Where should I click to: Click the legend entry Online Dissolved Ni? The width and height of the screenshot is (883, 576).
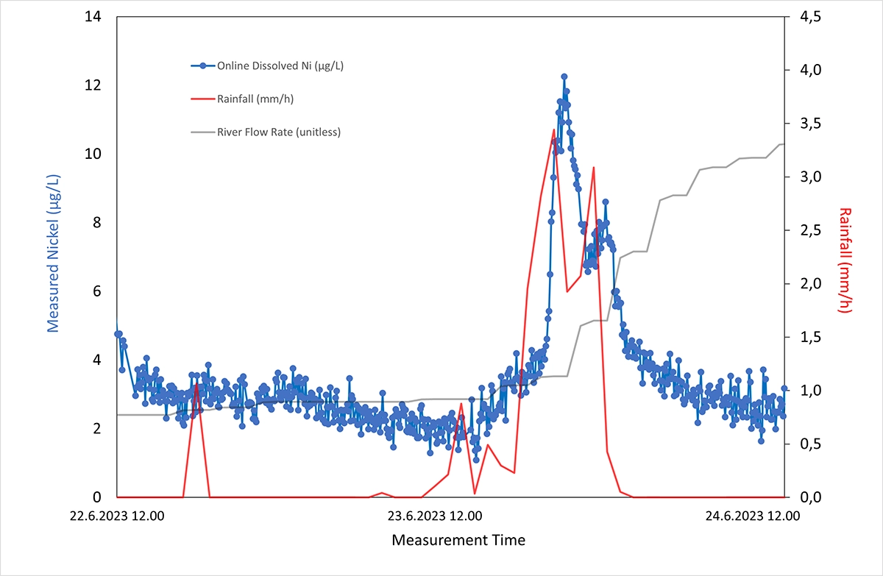tap(280, 65)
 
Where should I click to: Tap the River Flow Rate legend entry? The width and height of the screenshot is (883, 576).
tap(278, 132)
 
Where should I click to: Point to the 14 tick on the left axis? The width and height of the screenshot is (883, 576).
tap(93, 17)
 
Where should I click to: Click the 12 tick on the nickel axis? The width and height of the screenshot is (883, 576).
tap(93, 85)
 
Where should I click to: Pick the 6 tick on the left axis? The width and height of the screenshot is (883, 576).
tap(96, 291)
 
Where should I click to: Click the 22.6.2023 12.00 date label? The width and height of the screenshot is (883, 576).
tap(118, 516)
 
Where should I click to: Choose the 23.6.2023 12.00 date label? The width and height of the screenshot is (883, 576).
tap(435, 516)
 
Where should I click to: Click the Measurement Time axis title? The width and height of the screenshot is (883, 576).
tap(458, 540)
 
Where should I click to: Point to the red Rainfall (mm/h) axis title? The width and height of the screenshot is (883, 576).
tap(844, 260)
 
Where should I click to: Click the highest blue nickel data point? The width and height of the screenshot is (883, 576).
tap(564, 77)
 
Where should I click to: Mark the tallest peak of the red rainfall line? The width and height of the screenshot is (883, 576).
tap(553, 130)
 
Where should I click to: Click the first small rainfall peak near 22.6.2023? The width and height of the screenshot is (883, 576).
tap(196, 383)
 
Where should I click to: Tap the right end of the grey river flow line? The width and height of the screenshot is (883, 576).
tap(784, 144)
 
